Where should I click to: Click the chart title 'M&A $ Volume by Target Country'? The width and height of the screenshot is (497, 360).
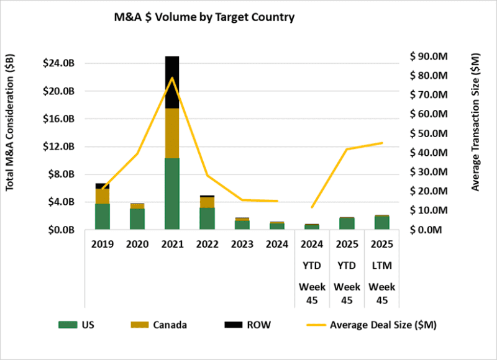(200, 17)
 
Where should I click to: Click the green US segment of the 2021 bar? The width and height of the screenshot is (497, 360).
(172, 194)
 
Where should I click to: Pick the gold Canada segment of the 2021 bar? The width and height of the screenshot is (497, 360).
(172, 133)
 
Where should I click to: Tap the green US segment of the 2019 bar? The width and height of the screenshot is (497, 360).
(103, 216)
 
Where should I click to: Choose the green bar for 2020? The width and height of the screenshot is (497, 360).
(137, 218)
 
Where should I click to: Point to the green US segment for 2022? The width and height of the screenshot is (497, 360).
(207, 218)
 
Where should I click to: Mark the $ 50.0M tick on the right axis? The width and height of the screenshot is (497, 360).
(429, 133)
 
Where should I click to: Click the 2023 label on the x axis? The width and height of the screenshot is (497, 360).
(242, 245)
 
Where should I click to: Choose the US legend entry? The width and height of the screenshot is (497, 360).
(78, 324)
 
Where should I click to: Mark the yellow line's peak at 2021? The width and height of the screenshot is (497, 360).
(172, 78)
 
